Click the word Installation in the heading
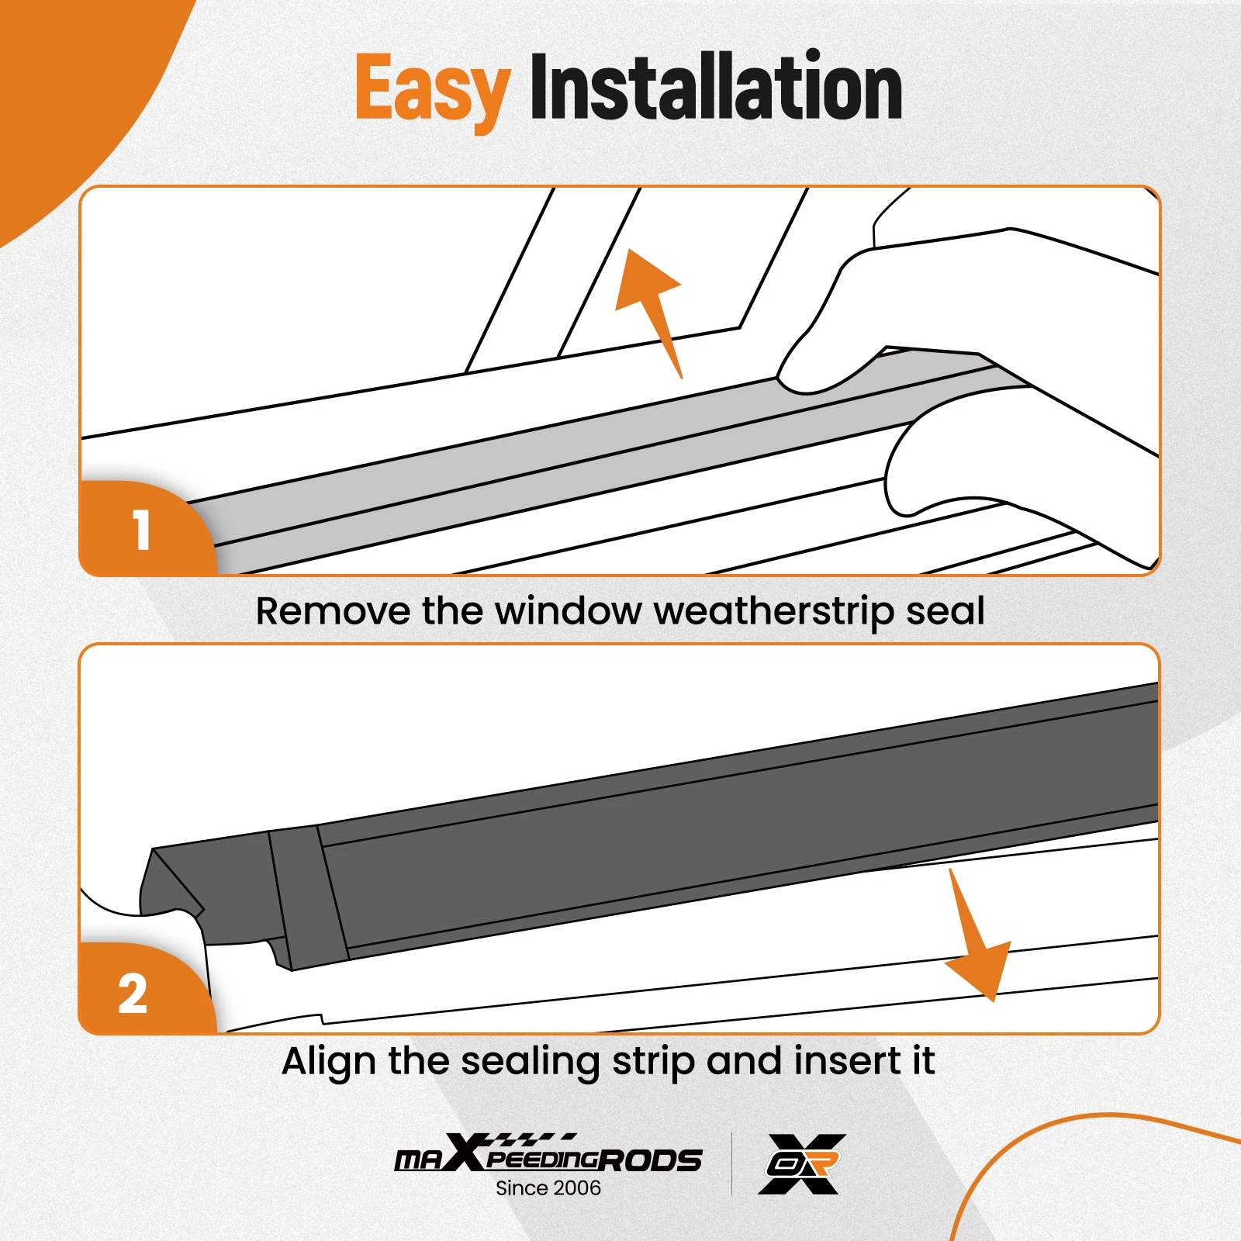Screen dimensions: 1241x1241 (x=715, y=87)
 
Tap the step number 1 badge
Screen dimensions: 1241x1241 (x=141, y=531)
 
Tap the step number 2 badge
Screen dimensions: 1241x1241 (x=133, y=993)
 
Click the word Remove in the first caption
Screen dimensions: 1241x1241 (x=334, y=611)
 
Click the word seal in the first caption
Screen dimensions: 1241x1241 (x=945, y=611)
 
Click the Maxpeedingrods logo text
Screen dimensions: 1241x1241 (x=548, y=1156)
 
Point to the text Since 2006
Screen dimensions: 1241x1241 (x=548, y=1188)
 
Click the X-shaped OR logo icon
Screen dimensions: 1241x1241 (x=801, y=1163)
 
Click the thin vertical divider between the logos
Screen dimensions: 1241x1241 (x=731, y=1163)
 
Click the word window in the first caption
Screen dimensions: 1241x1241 (x=568, y=611)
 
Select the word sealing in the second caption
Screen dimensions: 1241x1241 (x=530, y=1061)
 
